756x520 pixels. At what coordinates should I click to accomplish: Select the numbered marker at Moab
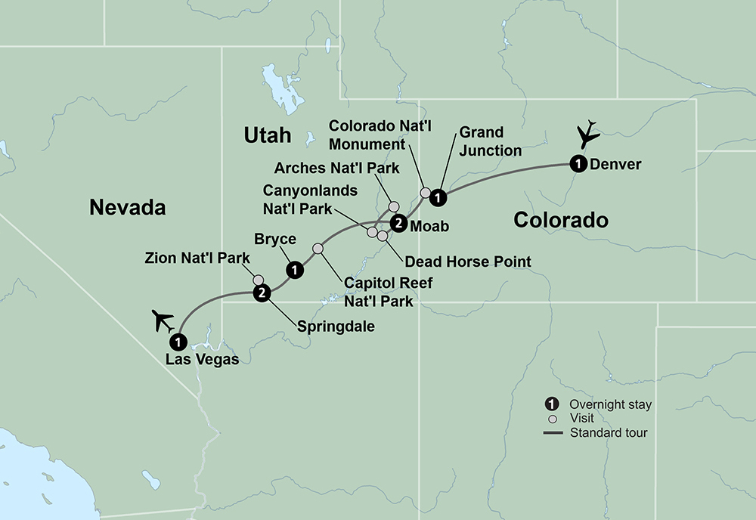(x=397, y=222)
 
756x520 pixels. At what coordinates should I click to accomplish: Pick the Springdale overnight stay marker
(x=262, y=292)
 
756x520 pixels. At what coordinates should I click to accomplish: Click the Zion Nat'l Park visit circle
(x=259, y=279)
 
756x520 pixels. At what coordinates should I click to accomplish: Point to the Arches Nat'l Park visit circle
(x=393, y=206)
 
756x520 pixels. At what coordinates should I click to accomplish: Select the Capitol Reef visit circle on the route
(x=318, y=249)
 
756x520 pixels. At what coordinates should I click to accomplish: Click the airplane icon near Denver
(x=587, y=135)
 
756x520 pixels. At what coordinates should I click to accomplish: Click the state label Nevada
(x=127, y=206)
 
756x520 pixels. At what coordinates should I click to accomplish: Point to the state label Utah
(x=267, y=135)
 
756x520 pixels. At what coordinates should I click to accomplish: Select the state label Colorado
(x=560, y=220)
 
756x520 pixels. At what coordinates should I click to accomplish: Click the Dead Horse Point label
(x=468, y=262)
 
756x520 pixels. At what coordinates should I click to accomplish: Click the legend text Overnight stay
(x=611, y=404)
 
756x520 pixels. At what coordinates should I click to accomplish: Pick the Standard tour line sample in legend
(x=554, y=432)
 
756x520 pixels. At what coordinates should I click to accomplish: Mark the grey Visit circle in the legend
(x=553, y=419)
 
